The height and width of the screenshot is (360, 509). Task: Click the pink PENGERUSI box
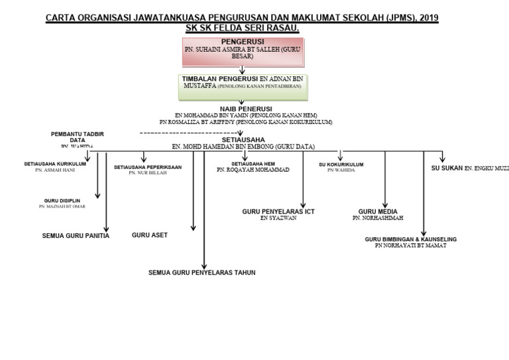point(242,52)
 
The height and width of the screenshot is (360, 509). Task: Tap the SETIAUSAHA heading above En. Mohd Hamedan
point(243,140)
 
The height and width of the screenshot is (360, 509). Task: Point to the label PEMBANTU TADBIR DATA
point(78,137)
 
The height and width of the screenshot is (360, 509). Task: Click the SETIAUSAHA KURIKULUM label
point(55,163)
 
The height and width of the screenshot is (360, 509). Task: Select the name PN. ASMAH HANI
point(55,170)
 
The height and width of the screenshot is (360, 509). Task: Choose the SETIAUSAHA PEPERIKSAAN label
point(148,167)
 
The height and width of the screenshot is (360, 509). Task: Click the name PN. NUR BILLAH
point(147,174)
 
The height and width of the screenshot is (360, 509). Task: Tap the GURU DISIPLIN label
point(61,200)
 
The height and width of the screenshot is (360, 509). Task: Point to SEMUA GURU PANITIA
point(76,235)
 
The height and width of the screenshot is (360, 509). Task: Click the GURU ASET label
point(150,235)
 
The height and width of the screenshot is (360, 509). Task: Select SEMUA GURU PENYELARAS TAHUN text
point(202,272)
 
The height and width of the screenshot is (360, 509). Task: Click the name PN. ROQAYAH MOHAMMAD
point(253,170)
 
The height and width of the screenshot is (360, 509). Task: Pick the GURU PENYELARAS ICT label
point(278,211)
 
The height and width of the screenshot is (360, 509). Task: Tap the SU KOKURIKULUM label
point(341,163)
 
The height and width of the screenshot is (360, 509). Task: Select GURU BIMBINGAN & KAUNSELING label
point(411,239)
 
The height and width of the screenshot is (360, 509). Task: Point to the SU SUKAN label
point(447,168)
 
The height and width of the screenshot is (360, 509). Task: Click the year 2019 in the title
point(425,18)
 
